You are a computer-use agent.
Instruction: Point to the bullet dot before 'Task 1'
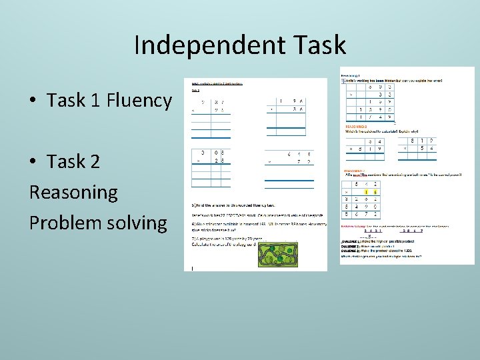33,101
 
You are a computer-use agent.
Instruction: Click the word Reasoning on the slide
73,192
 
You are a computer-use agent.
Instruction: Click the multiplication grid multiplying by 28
211,167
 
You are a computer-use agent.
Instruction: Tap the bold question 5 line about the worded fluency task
233,205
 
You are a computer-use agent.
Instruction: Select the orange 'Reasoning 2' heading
357,125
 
